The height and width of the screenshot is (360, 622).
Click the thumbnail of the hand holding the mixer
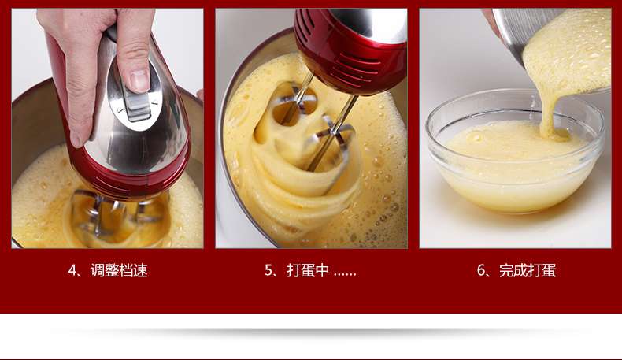pos(108,128)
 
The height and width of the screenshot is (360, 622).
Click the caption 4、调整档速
pos(108,270)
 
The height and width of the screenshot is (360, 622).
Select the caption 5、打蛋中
pos(310,270)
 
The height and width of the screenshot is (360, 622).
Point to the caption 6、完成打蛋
pos(516,270)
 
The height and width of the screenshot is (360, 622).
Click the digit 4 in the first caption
pos(72,271)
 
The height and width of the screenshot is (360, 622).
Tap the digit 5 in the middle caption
pos(269,271)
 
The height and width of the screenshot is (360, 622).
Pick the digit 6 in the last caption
pos(481,271)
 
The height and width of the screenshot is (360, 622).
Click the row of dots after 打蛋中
pos(345,274)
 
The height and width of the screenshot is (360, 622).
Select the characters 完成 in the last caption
pos(513,270)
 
